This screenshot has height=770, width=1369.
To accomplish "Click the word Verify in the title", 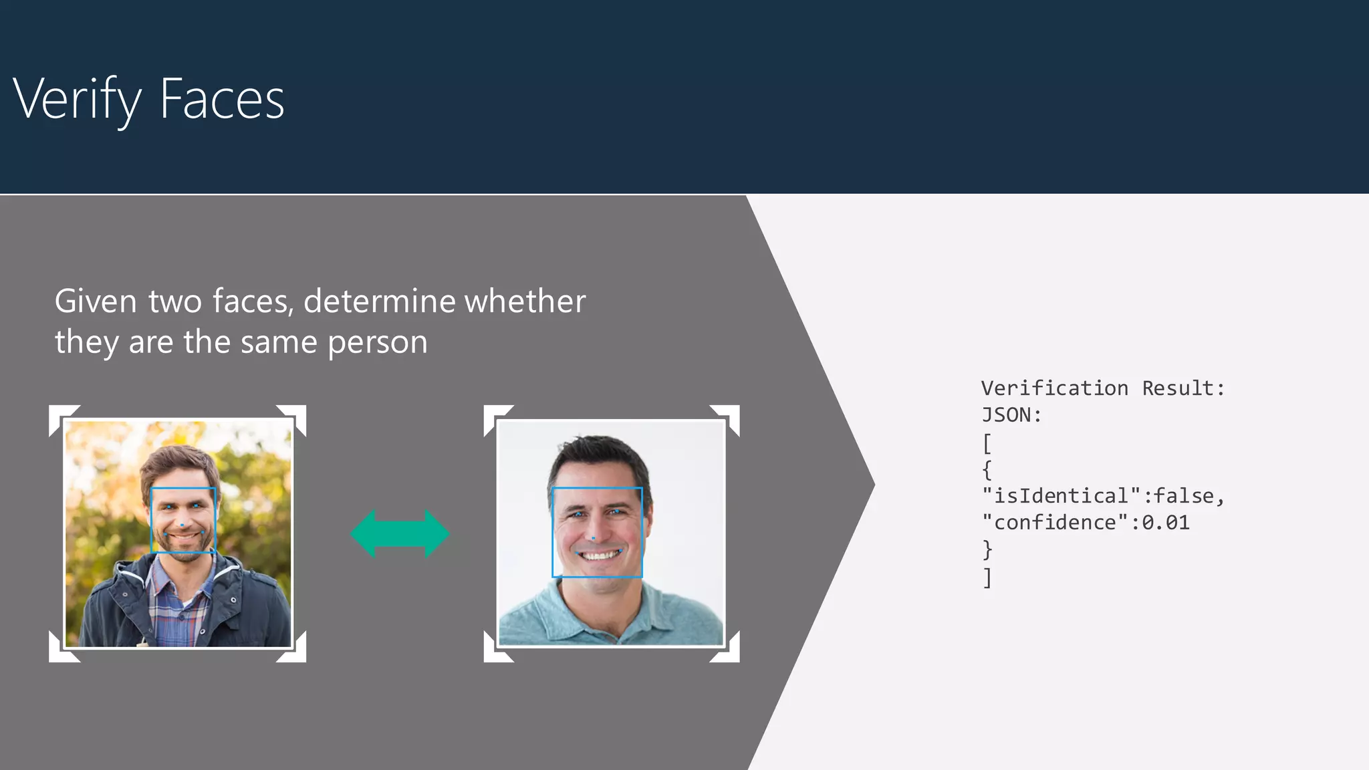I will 77,99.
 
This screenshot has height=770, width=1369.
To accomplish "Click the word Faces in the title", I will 222,99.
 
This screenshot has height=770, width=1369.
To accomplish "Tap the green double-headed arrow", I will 400,533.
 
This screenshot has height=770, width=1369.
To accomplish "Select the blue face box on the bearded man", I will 183,489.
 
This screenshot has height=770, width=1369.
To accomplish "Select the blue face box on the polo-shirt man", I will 597,489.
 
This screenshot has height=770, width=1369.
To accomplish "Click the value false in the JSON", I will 1184,496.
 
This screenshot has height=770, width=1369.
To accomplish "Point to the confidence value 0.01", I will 1166,523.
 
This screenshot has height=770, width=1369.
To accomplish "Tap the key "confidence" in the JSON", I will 1055,523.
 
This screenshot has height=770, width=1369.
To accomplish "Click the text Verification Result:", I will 1103,388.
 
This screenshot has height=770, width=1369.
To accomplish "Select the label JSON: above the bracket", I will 1011,415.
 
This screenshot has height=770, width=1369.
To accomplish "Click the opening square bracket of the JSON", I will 987,442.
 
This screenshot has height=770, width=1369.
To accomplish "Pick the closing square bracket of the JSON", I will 987,577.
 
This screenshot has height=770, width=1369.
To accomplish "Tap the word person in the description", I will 377,342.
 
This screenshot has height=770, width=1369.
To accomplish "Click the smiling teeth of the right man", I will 600,555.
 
